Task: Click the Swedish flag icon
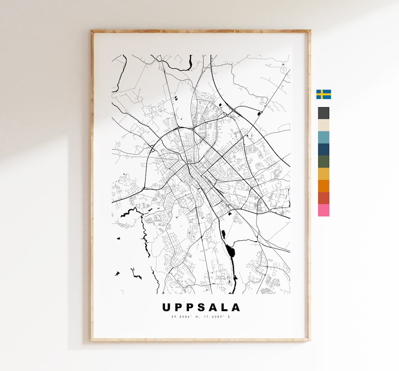coord(323,94)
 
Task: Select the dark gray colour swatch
coord(323,113)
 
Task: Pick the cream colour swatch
coord(323,125)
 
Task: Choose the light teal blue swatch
coord(323,137)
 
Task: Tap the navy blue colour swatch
coord(323,150)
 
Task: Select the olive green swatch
coord(323,162)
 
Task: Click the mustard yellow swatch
coord(323,174)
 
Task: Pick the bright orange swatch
coord(323,186)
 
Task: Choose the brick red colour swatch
coord(323,198)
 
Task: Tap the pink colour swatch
coord(323,210)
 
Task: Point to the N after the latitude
coord(195,317)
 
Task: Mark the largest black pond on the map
coord(232,252)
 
